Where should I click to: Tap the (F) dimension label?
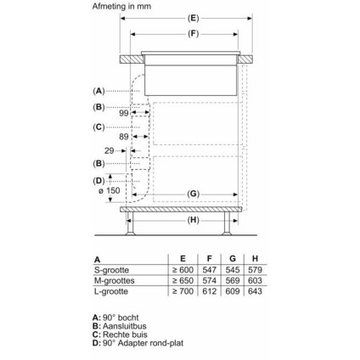tap(193, 33)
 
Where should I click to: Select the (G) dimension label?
tap(193, 194)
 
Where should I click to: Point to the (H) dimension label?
tap(193, 220)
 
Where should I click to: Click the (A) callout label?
tap(98, 91)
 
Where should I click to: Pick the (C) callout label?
tap(98, 127)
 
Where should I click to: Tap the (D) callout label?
tap(98, 180)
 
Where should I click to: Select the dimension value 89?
tap(124, 136)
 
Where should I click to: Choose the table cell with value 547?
tap(207, 268)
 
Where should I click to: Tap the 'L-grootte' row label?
tap(110, 290)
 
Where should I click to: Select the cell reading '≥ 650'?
tap(183, 279)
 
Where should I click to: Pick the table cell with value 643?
tap(256, 290)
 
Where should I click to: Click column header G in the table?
tap(232, 258)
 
